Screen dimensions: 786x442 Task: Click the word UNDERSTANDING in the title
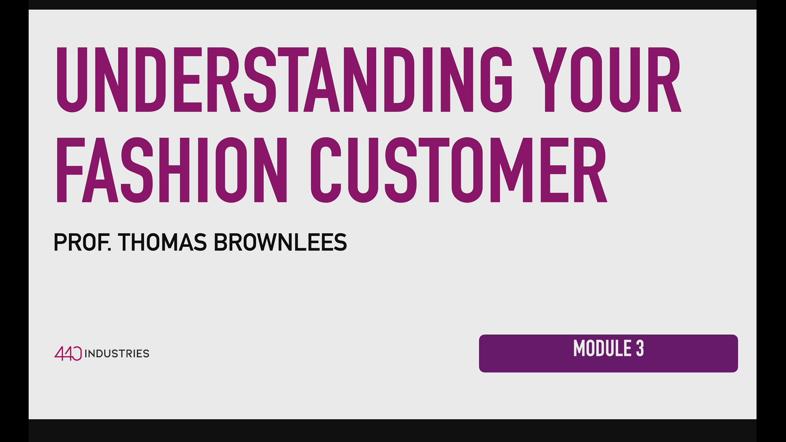pyautogui.click(x=284, y=80)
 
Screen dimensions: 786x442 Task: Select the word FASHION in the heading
pyautogui.click(x=172, y=170)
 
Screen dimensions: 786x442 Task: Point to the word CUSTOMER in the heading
pyautogui.click(x=458, y=170)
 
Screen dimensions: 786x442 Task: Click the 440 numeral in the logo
pyautogui.click(x=68, y=353)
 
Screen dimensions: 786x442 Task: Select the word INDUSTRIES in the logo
pyautogui.click(x=117, y=354)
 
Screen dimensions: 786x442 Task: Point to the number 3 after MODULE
pyautogui.click(x=640, y=349)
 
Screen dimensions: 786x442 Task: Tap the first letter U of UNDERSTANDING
pyautogui.click(x=72, y=80)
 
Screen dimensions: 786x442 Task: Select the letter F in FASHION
pyautogui.click(x=68, y=170)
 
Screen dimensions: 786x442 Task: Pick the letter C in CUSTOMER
pyautogui.click(x=325, y=170)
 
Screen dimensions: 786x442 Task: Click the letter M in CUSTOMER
pyautogui.click(x=510, y=170)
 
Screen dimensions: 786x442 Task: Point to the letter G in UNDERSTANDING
pyautogui.click(x=497, y=80)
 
